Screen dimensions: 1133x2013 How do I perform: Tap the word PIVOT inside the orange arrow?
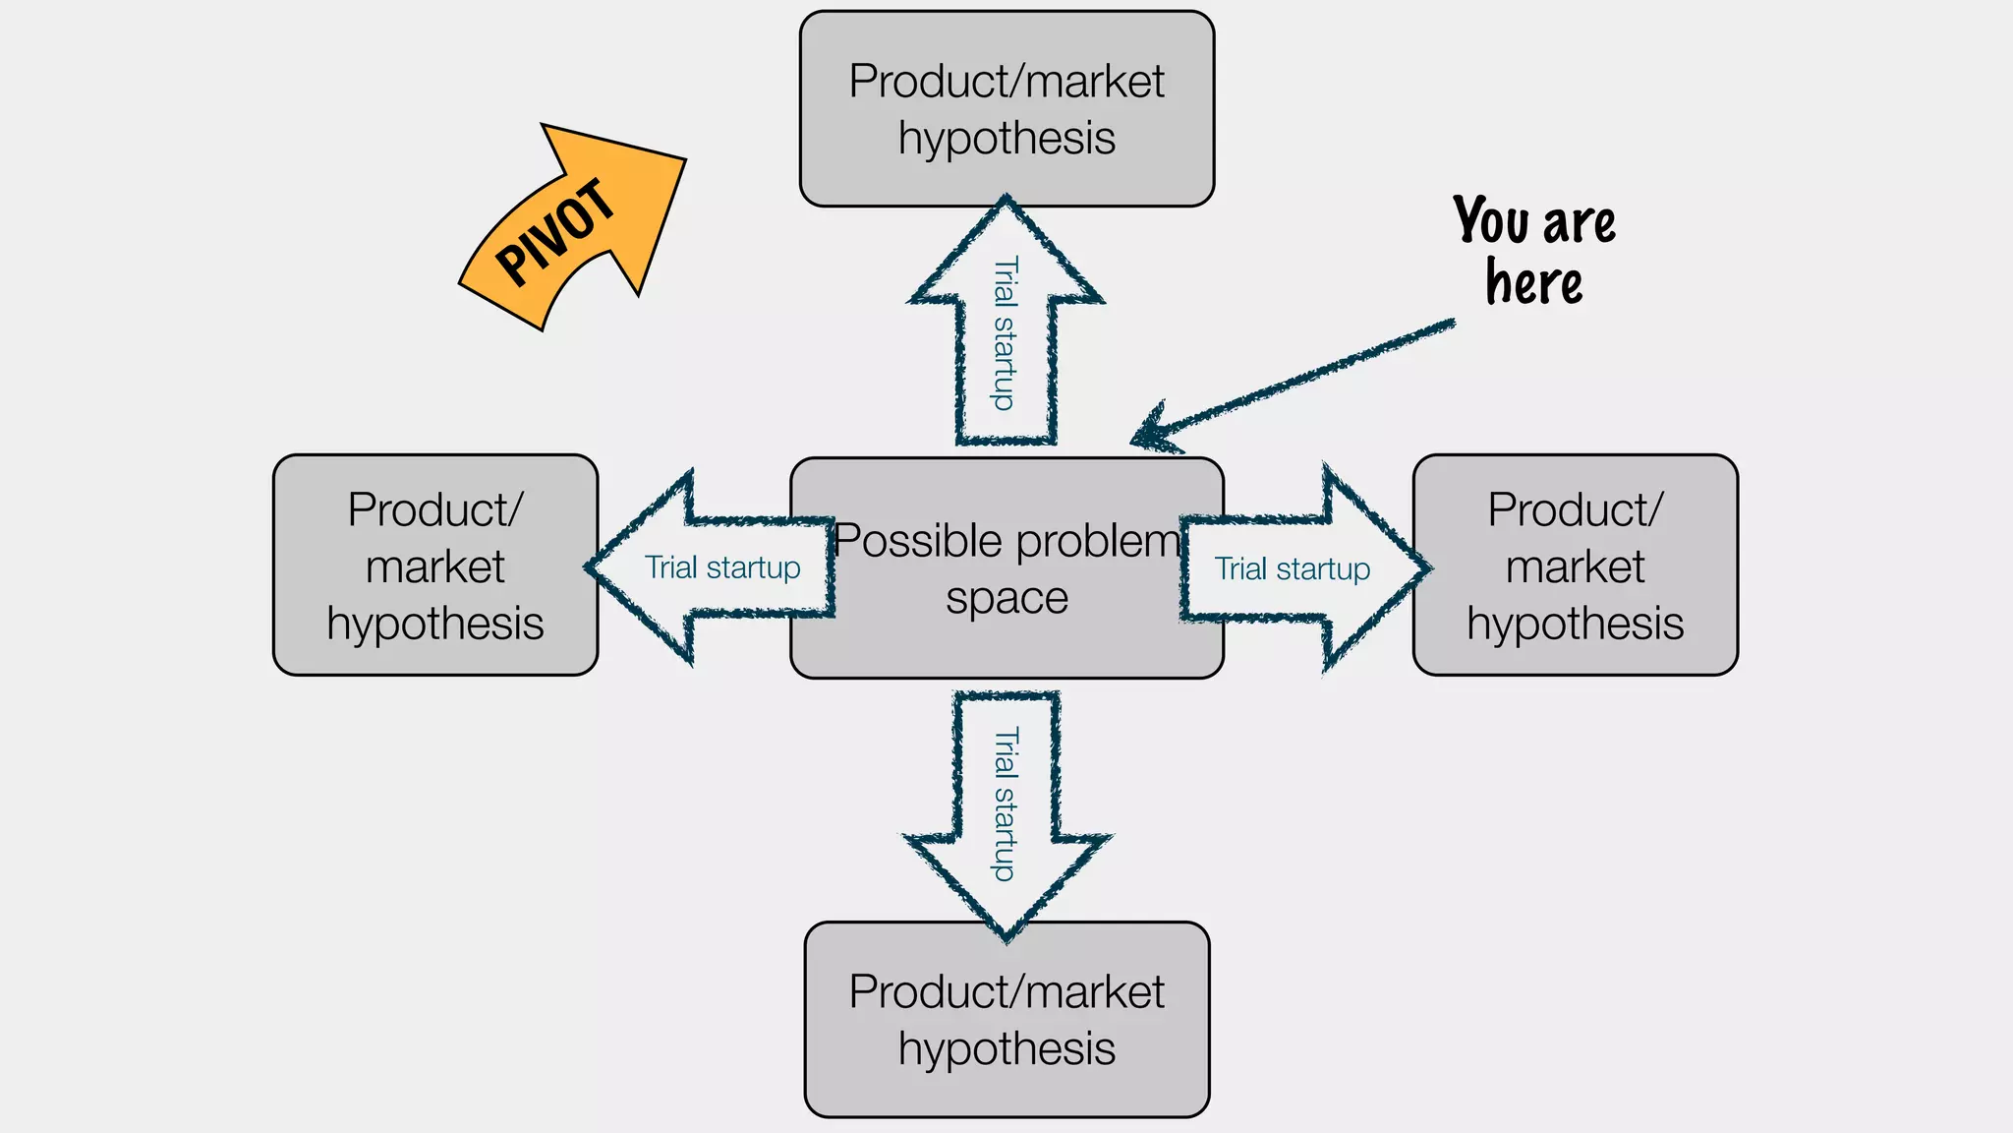554,233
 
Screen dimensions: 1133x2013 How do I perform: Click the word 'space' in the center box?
1006,598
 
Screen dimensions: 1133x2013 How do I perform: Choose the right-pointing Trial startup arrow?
1297,568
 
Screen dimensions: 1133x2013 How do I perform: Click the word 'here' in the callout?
1533,283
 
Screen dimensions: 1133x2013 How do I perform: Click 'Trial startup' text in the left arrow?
722,567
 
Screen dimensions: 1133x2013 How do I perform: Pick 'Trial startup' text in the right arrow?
1292,568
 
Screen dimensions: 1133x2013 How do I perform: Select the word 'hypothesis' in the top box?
1006,139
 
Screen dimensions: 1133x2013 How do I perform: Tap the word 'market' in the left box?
434,567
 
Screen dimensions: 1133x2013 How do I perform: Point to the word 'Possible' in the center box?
907,541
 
